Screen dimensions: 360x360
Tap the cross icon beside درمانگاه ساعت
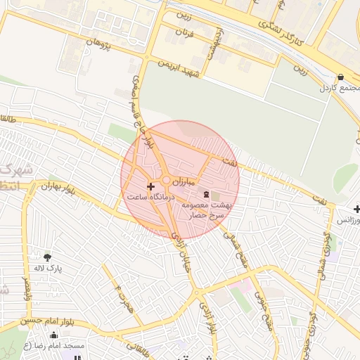tap(150, 186)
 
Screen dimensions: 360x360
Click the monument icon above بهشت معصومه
tap(206, 194)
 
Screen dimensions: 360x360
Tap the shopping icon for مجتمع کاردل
tap(340, 77)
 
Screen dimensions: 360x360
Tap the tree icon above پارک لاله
tap(47, 258)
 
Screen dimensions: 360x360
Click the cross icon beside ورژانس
tap(357, 210)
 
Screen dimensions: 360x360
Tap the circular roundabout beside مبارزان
tap(167, 181)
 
